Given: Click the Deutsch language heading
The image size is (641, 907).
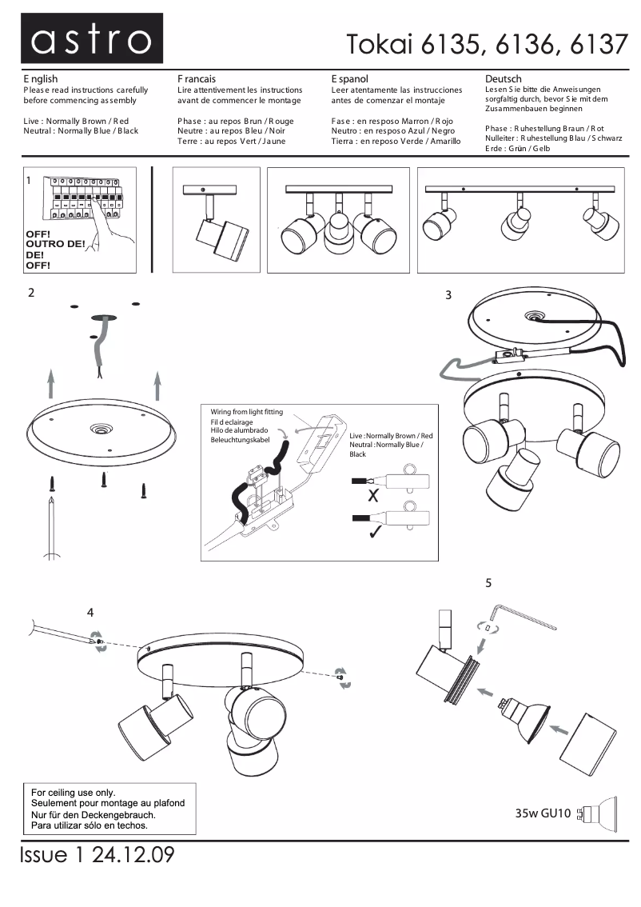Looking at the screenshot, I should (x=504, y=78).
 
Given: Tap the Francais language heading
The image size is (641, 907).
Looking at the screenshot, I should (x=197, y=79).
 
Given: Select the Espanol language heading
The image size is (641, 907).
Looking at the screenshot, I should (x=349, y=79).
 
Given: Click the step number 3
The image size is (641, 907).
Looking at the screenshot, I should (x=448, y=295).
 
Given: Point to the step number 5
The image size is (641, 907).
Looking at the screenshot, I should (x=488, y=583).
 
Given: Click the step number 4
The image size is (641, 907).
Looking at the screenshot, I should (x=90, y=613).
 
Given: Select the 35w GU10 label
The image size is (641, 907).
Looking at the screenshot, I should (x=543, y=814).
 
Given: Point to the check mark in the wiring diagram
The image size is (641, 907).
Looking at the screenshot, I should (x=373, y=532).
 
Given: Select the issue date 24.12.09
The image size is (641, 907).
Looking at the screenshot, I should (x=133, y=855).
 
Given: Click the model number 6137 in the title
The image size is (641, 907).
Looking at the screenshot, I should (x=599, y=44).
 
